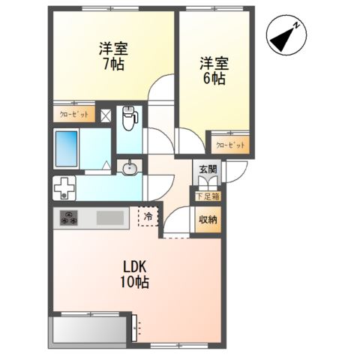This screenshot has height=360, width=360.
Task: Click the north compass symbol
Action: tap(286, 35)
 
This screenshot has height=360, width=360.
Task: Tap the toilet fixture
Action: tap(130, 118)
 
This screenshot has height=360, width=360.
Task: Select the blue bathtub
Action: tap(66, 148)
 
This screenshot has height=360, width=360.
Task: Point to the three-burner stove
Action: tap(68, 217)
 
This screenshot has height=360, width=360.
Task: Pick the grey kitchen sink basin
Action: tap(110, 217)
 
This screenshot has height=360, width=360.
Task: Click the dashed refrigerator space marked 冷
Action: tap(148, 217)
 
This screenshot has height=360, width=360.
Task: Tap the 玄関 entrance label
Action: tap(208, 170)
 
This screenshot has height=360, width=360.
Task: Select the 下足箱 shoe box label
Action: tap(208, 196)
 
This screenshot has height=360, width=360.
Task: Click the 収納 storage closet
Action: tap(208, 220)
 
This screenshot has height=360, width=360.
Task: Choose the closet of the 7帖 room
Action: tap(74, 114)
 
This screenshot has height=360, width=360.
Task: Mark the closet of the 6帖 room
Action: tap(230, 145)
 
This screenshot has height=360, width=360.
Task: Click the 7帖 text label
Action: tap(113, 64)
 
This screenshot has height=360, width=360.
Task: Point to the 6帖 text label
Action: tap(214, 78)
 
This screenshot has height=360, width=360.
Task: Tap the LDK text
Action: tap(134, 267)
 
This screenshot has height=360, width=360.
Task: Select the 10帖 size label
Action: tap(134, 282)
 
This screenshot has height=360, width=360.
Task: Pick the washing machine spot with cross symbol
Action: tap(64, 188)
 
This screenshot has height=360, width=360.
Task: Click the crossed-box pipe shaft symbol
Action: tap(106, 115)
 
